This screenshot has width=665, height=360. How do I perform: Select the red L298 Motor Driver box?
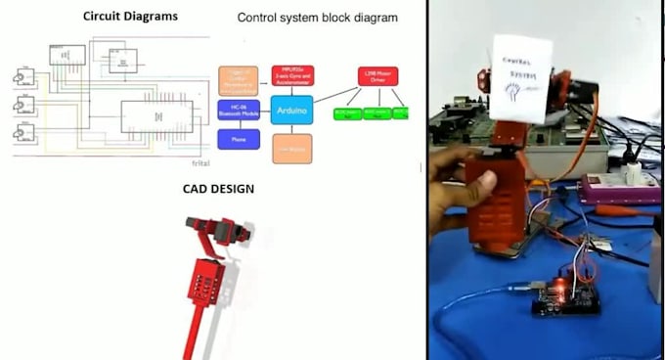pos(377,76)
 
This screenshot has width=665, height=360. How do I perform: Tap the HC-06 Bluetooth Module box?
pos(239,111)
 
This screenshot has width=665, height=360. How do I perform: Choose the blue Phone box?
pos(239,140)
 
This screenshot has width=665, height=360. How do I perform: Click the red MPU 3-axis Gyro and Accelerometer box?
pos(291,75)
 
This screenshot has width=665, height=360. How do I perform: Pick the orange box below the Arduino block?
pos(291,148)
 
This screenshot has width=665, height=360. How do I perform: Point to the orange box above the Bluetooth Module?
pos(239,78)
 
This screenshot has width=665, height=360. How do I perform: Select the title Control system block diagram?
pos(318,18)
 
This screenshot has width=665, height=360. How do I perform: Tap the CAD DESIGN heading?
pos(218,189)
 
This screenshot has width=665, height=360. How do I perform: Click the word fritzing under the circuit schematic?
pos(200,147)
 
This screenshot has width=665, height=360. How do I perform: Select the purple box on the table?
pos(613,190)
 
